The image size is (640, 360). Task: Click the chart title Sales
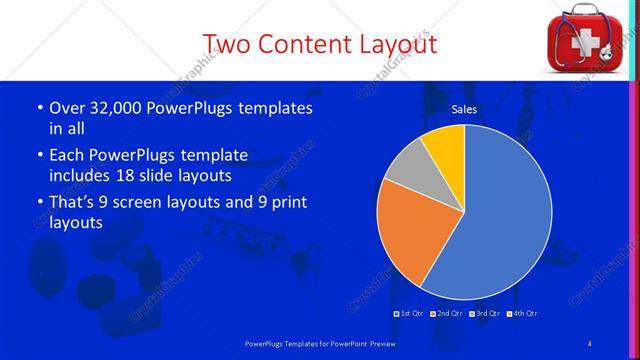tap(464, 109)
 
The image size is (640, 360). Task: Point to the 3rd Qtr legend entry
tap(485, 313)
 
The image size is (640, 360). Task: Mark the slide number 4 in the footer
tap(590, 344)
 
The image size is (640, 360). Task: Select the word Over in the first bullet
tap(66, 108)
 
